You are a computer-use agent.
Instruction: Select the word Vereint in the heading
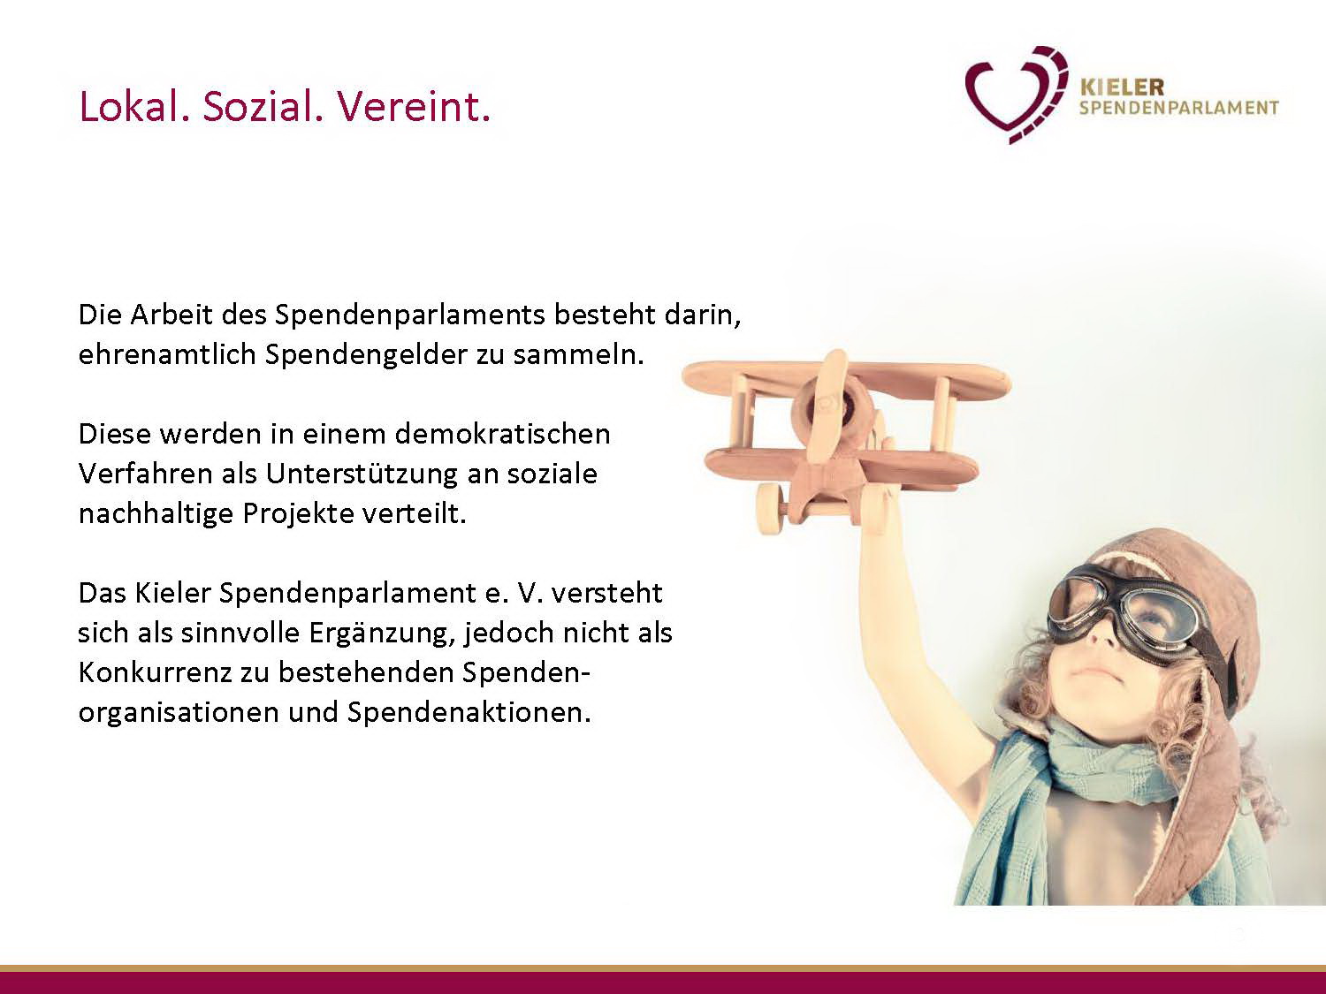(x=414, y=107)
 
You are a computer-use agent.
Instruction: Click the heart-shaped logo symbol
(x=1016, y=95)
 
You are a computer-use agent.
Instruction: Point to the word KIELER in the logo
(x=1122, y=87)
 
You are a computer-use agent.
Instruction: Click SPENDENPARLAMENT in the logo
(x=1179, y=108)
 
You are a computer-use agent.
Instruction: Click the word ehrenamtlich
(x=167, y=354)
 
